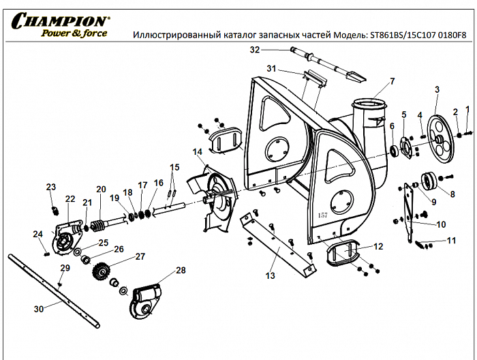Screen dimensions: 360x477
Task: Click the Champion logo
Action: pos(58,25)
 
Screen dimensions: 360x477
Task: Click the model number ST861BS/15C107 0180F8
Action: pos(418,34)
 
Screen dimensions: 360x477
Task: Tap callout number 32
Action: pos(255,50)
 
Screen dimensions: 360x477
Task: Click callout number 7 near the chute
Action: pos(392,81)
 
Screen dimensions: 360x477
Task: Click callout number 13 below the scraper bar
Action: pos(271,275)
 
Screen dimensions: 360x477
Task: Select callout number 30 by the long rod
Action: pos(39,309)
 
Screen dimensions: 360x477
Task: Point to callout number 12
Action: pos(378,246)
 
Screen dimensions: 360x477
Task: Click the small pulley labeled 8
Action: pos(430,182)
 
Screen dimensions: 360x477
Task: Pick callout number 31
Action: pos(271,69)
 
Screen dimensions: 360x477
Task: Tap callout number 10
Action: pos(441,224)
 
